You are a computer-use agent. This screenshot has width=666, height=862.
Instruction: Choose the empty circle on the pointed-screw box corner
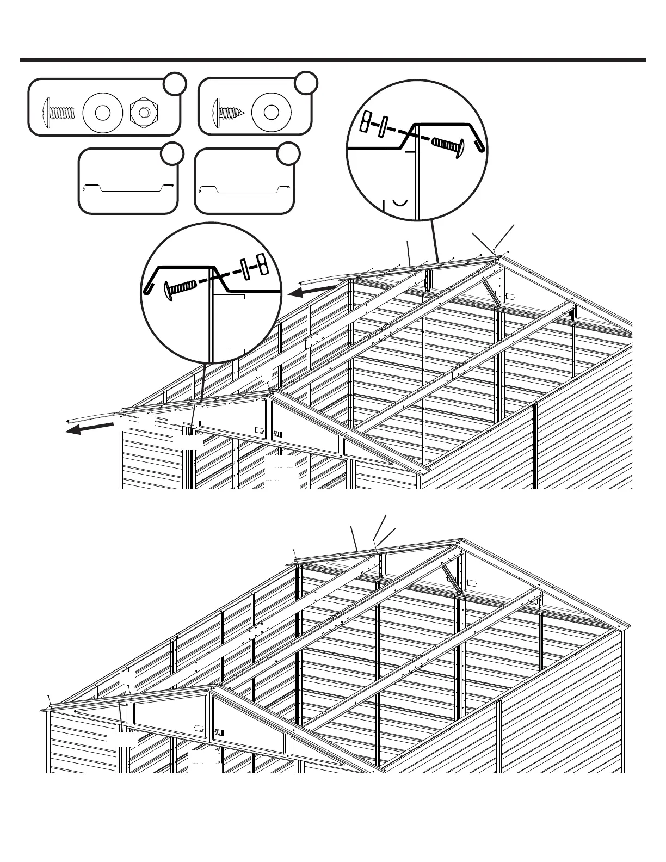point(306,82)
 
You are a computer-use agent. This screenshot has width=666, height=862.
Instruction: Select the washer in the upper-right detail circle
point(383,128)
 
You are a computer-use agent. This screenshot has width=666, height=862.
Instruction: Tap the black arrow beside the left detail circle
point(305,293)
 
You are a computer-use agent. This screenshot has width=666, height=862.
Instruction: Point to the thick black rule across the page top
point(333,60)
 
